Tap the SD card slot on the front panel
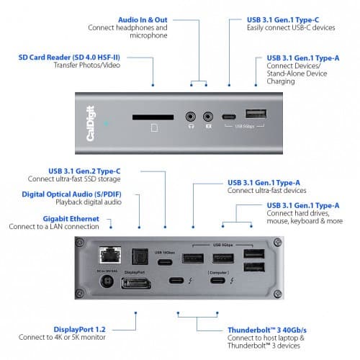coord(152,115)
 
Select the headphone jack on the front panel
coord(191,115)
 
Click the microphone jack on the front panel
coord(209,115)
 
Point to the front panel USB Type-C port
coord(229,115)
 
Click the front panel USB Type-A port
coord(255,114)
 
